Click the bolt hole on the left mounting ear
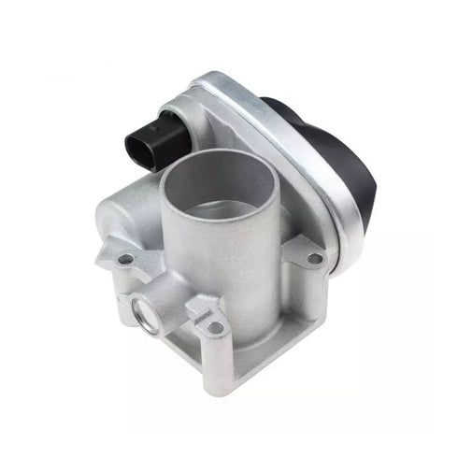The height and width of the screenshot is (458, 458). tap(124, 257)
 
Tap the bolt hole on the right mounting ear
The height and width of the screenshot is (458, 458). tap(315, 258)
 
